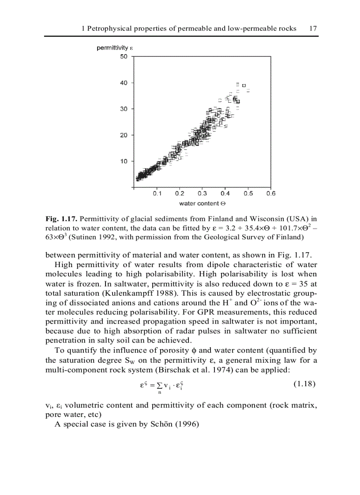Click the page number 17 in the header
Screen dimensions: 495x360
(x=313, y=28)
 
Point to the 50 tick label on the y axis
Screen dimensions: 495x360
(x=124, y=56)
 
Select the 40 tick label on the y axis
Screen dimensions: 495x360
(x=124, y=82)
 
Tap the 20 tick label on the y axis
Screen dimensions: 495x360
(x=124, y=135)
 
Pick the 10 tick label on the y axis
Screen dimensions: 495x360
(x=124, y=161)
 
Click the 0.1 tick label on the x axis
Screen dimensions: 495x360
(x=157, y=194)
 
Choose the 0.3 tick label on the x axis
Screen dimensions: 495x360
(x=202, y=194)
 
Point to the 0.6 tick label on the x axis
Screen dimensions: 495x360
(x=270, y=194)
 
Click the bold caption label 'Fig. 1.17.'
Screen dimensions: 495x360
(x=61, y=219)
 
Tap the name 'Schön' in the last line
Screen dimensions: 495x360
(x=152, y=424)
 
